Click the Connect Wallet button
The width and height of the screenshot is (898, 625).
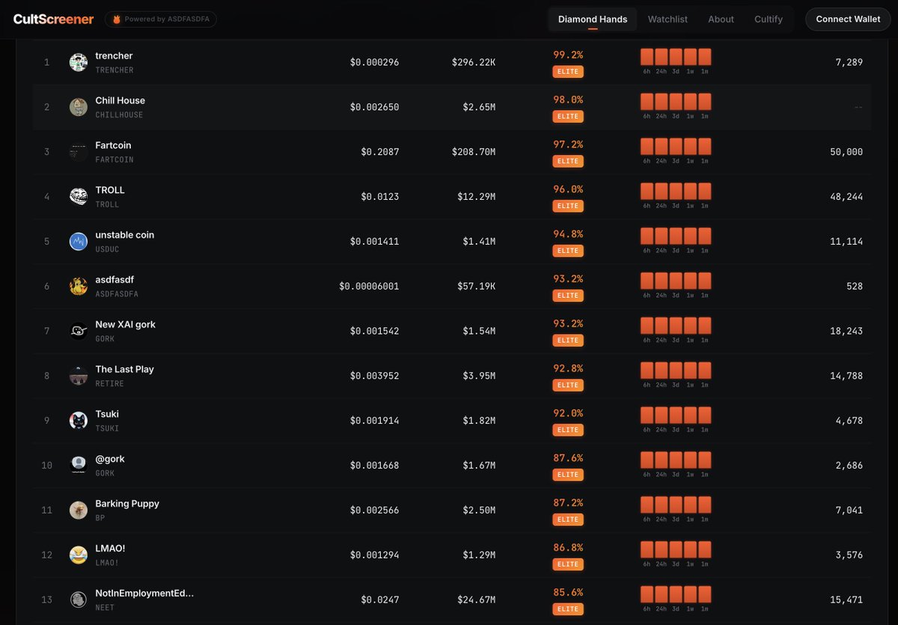coord(848,19)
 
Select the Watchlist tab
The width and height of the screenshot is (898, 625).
coord(668,19)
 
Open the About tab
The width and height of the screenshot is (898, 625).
coord(721,19)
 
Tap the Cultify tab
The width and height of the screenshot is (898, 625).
coord(769,19)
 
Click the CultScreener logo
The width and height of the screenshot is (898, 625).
coord(54,19)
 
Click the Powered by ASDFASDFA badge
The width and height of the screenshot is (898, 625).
coord(160,19)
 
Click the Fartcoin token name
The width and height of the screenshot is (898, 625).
coord(113,145)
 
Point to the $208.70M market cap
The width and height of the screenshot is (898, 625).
coord(474,152)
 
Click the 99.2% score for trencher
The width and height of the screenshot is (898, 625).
coord(568,55)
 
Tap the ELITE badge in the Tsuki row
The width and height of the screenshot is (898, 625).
coord(568,430)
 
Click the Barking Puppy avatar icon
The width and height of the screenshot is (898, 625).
coord(79,510)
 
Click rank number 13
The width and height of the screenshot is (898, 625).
coord(47,600)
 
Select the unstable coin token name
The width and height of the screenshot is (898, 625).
coord(124,235)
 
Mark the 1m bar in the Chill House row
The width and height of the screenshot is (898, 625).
coord(705,102)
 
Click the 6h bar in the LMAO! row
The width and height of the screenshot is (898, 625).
coord(647,549)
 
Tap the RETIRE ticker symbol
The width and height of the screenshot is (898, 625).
coord(109,384)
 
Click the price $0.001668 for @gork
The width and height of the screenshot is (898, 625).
coord(374,466)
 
